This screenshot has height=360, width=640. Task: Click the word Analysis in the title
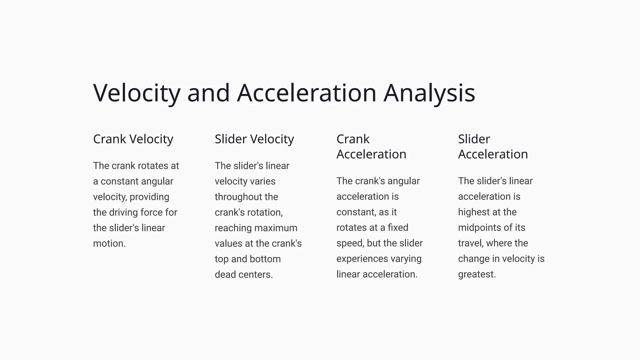(429, 93)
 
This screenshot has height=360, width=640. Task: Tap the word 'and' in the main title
(208, 93)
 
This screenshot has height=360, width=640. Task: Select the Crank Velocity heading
(133, 139)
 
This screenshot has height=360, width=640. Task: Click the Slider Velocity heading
(254, 139)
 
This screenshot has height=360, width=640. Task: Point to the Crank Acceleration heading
(371, 147)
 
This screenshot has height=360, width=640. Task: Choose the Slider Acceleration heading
(493, 147)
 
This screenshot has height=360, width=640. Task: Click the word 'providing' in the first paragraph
(149, 197)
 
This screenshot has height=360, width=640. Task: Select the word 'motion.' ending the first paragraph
(109, 243)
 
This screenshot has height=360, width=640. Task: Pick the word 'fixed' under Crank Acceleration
(398, 227)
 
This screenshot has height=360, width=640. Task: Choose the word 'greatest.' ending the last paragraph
(477, 274)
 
